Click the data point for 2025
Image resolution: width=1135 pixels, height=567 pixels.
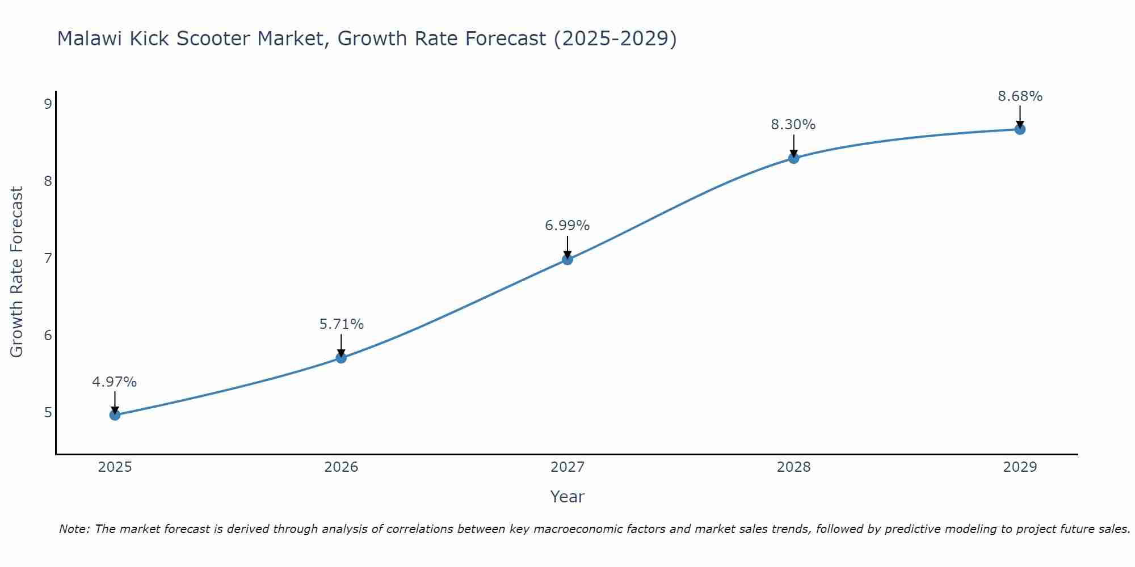[115, 415]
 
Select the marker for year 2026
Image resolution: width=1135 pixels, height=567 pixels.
[341, 358]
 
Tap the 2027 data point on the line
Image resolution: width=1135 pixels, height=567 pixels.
[567, 260]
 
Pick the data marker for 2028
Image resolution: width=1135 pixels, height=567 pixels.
[793, 158]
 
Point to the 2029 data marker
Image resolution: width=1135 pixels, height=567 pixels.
[1020, 129]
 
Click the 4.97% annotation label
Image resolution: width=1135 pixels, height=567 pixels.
[115, 382]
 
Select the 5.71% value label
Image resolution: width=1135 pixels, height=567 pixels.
[341, 324]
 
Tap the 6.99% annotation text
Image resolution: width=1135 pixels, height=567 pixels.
[567, 226]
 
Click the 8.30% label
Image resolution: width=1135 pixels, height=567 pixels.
[793, 125]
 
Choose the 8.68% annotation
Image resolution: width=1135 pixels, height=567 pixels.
[1020, 96]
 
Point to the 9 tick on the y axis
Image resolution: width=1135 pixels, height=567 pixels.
[48, 104]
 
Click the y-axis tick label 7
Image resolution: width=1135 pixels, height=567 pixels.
[48, 258]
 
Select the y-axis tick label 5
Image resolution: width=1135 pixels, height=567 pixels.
[48, 412]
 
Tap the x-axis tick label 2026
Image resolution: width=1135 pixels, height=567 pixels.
[341, 467]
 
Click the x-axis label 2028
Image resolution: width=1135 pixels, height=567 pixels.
[793, 467]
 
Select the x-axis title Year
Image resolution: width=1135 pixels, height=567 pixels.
[567, 497]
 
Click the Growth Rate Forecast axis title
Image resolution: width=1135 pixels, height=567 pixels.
[17, 272]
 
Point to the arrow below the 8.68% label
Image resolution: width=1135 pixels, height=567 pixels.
[1020, 116]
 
